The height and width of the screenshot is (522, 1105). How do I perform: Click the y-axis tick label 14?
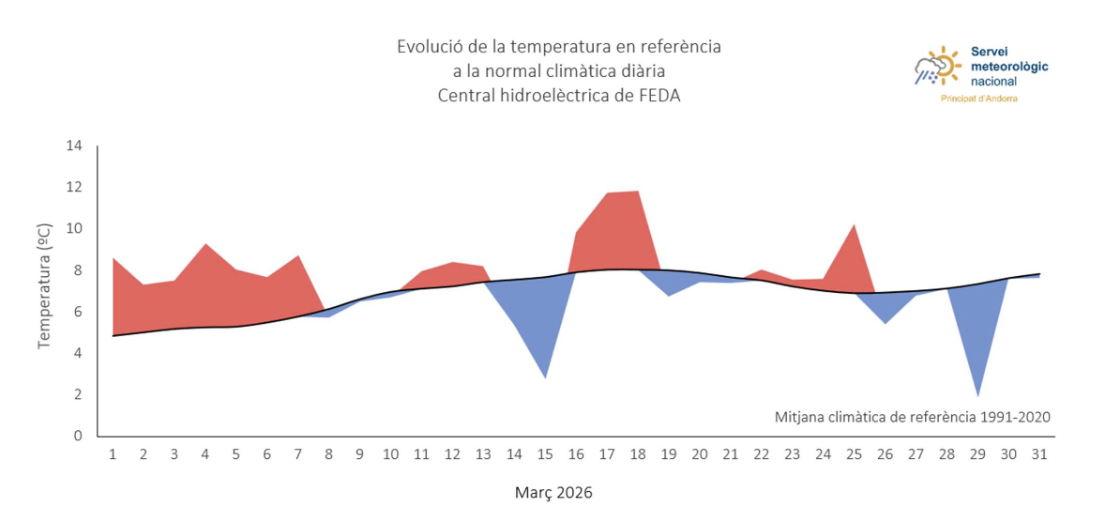click(x=74, y=146)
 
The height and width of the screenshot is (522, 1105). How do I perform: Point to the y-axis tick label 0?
click(x=78, y=436)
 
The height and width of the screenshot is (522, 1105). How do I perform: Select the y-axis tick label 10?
click(x=74, y=228)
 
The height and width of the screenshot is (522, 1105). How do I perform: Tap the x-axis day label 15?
click(x=544, y=453)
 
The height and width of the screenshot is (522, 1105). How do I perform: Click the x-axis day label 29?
click(x=977, y=453)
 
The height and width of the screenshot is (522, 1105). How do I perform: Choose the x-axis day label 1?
click(x=113, y=453)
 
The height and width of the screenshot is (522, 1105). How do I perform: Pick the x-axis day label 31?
click(x=1039, y=453)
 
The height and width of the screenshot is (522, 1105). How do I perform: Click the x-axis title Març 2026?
click(x=553, y=492)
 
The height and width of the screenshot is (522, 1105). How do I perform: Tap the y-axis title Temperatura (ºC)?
click(x=44, y=286)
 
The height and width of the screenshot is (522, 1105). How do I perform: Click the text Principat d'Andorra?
click(x=978, y=99)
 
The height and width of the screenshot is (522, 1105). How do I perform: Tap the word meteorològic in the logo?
click(x=1009, y=67)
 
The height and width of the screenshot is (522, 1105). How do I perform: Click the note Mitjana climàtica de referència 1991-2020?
click(x=912, y=416)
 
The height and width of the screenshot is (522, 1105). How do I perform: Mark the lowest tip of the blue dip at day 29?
click(x=977, y=395)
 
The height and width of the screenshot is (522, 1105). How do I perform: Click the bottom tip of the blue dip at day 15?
click(x=545, y=377)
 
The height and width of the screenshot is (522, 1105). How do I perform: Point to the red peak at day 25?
click(x=854, y=225)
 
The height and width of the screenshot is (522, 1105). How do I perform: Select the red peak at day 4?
click(x=205, y=244)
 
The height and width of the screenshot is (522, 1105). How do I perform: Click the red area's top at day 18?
click(x=638, y=192)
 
